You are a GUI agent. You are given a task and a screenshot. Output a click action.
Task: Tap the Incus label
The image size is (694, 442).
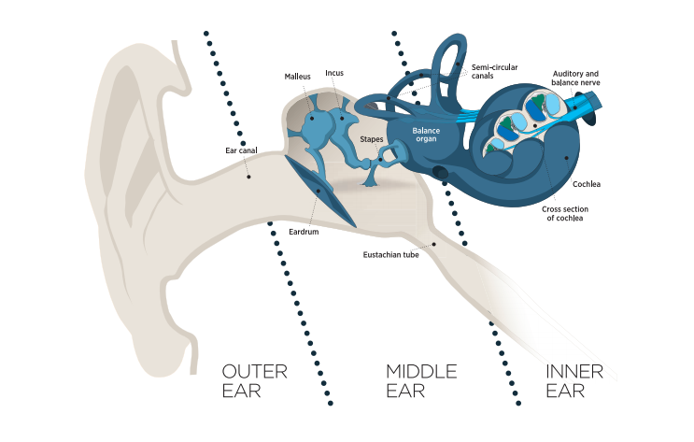[x=334, y=72]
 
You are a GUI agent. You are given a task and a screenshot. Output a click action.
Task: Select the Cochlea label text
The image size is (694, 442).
[x=587, y=184]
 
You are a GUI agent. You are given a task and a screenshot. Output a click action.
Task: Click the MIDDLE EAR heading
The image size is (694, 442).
[x=421, y=381]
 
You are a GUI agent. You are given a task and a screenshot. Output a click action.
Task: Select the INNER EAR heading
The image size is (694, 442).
[x=574, y=381]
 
